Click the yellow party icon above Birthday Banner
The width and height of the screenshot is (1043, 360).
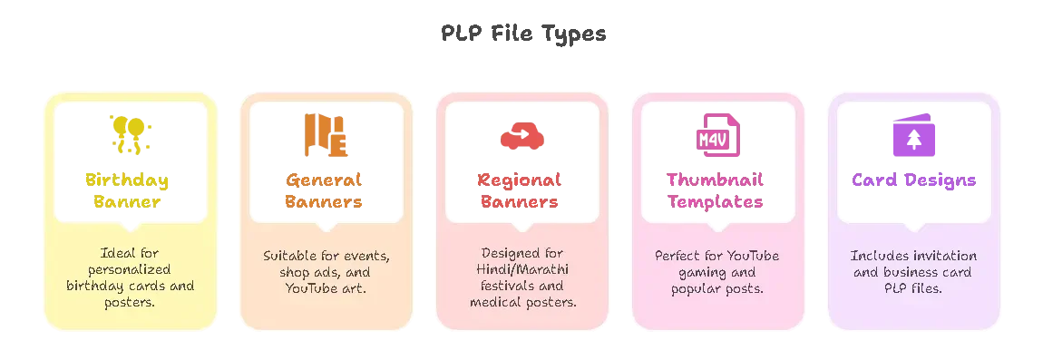point(130,134)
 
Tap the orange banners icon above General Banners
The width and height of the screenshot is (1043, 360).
point(325,134)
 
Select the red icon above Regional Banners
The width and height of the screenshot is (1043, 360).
point(521,136)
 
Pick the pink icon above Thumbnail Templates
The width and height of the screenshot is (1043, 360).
point(713,134)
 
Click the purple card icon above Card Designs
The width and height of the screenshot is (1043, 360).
point(910,134)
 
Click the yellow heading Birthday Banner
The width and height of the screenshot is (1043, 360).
point(129,190)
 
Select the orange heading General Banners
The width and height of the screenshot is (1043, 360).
point(325,190)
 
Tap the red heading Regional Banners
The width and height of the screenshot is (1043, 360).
point(520,190)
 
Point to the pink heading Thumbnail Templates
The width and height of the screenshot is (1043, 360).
point(716,190)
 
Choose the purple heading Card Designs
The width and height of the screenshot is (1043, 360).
point(912,180)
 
